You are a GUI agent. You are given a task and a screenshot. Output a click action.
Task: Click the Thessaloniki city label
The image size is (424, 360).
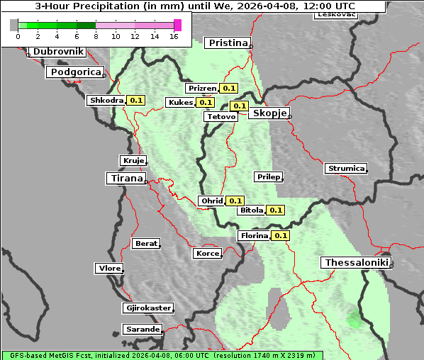pos(357,263)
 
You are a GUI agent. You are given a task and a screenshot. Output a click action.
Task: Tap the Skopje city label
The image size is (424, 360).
pos(268,113)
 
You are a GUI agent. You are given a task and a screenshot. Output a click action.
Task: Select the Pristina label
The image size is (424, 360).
pos(228,43)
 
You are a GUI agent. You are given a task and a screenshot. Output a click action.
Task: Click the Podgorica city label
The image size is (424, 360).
pos(75,72)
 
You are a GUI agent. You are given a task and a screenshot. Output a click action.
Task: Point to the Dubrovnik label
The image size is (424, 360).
pos(58,52)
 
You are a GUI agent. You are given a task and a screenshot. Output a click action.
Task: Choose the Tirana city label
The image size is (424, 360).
pos(125,179)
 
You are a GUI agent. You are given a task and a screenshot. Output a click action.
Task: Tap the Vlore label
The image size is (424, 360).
pos(109,269)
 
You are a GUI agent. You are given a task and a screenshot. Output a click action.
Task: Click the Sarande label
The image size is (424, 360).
pos(142,330)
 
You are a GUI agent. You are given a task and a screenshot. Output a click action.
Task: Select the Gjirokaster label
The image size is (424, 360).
pos(147,308)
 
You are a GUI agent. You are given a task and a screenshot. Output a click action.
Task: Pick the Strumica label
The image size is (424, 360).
pos(346,169)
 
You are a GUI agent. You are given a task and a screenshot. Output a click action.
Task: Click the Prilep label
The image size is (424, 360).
pos(268,176)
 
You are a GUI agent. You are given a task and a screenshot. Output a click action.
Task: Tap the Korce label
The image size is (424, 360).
pos(208,254)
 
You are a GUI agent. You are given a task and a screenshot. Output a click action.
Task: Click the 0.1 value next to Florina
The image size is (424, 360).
pos(281,235)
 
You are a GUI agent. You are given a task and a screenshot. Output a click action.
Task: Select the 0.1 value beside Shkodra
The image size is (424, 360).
pos(136,101)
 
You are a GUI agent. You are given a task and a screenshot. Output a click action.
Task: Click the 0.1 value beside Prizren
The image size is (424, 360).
pos(228,89)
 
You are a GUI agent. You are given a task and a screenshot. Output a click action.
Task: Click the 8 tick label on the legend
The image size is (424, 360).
pos(96,36)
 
